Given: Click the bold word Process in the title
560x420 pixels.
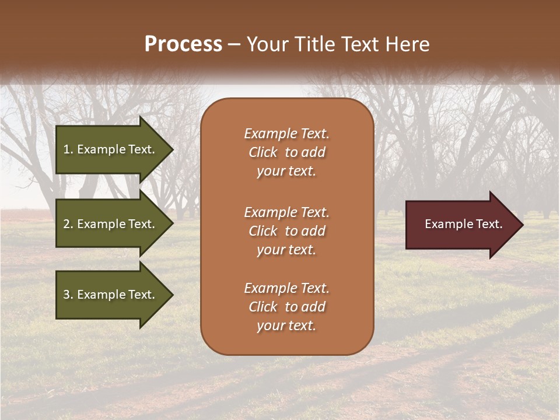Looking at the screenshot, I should coord(183,44).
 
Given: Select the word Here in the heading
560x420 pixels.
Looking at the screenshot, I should coord(407,44).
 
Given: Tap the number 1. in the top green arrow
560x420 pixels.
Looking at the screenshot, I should coord(68,149).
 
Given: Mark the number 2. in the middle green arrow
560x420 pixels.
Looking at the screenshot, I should coord(68,224).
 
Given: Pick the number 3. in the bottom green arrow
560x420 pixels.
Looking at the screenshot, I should coord(68,295).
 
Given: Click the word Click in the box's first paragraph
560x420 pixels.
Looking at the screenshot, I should coord(263,152).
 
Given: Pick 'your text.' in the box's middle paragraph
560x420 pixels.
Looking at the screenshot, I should coord(286,250).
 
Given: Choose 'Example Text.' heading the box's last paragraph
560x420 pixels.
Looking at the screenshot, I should coord(286,288).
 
